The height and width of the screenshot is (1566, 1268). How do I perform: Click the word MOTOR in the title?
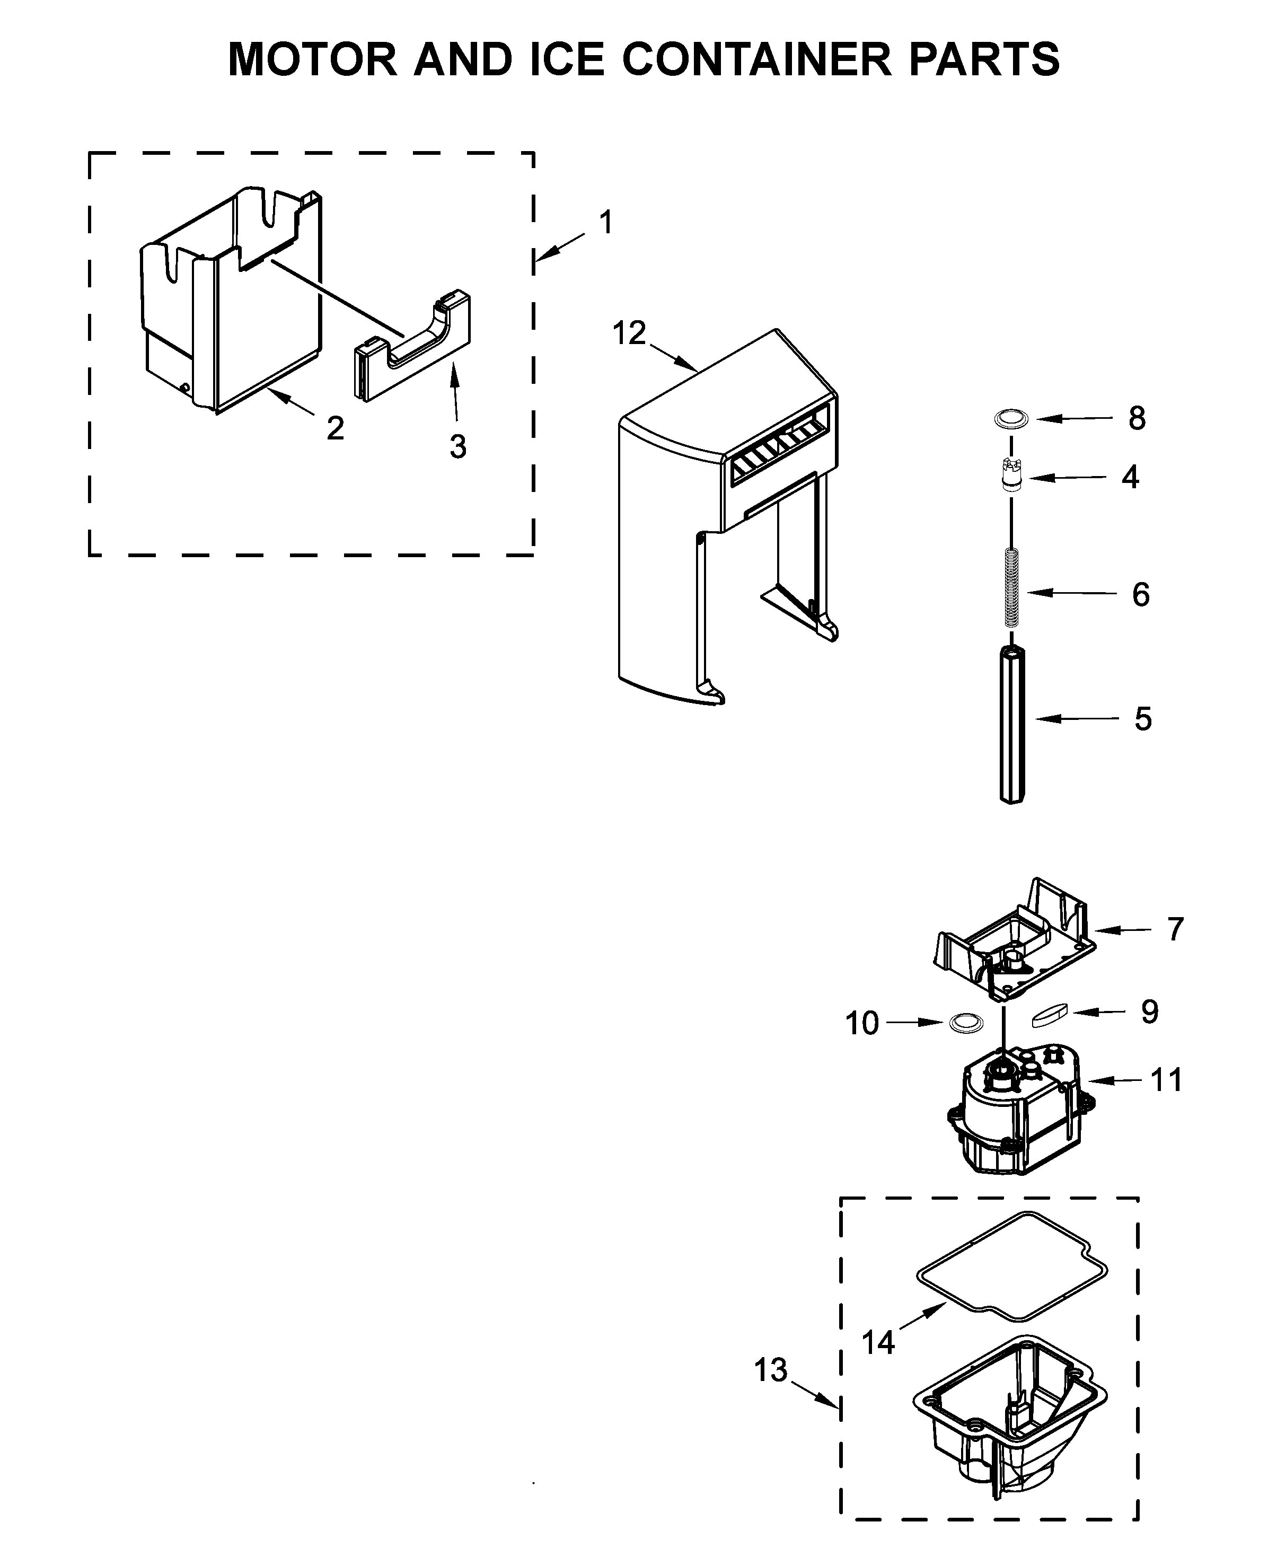pyautogui.click(x=313, y=59)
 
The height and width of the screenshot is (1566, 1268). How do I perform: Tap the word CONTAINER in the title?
pyautogui.click(x=756, y=59)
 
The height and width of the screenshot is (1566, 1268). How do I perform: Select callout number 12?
pyautogui.click(x=629, y=334)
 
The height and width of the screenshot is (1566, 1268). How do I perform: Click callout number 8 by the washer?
pyautogui.click(x=1137, y=418)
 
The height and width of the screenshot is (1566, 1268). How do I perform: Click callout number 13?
pyautogui.click(x=771, y=1370)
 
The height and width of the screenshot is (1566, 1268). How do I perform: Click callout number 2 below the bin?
pyautogui.click(x=335, y=429)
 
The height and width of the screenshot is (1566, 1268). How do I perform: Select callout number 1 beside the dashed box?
pyautogui.click(x=605, y=223)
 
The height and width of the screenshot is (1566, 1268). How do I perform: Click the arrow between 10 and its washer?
pyautogui.click(x=916, y=1023)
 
